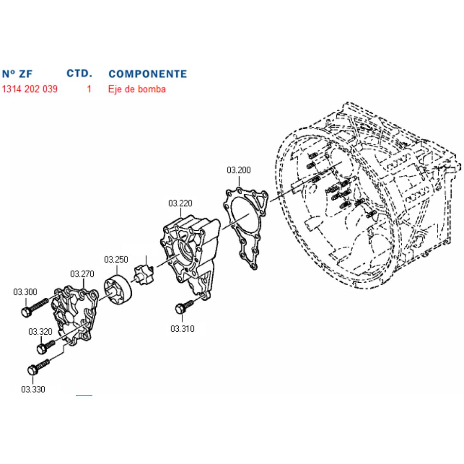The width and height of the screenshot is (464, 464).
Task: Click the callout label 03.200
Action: pos(238,170)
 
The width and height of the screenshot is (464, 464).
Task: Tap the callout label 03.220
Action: pos(180,203)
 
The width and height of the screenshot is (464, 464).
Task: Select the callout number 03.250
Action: pos(116,259)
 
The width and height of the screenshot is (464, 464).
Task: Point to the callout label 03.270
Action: pos(82,274)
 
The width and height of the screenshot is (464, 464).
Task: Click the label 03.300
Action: pos(25,292)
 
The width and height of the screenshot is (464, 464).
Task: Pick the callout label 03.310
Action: pos(182,329)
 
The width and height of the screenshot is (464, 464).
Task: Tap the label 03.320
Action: pos(40,332)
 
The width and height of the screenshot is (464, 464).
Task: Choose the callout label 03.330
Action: pos(33,389)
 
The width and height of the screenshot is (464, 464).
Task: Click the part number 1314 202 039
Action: pos(30,89)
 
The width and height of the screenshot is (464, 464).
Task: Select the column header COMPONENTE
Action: pos(148,74)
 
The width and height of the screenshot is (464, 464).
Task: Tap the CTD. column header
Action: pos(79,73)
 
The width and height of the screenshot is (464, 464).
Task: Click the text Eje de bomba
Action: pos(137,89)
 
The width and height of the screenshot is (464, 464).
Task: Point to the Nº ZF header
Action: pos(17,74)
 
